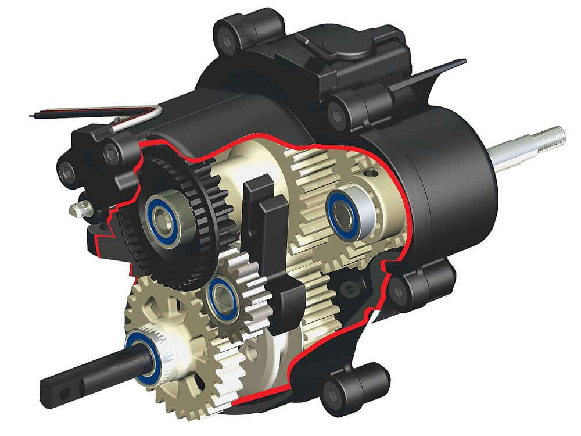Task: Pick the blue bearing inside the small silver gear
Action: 223,296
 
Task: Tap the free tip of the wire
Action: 32,115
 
